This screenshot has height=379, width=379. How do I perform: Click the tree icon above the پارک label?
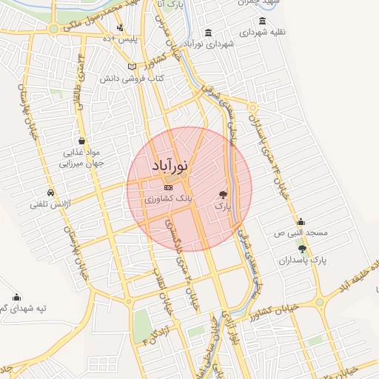pyautogui.click(x=223, y=195)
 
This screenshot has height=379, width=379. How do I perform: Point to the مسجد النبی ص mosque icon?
pyautogui.click(x=301, y=221)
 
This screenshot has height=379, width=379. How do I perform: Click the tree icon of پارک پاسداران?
pyautogui.click(x=302, y=248)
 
